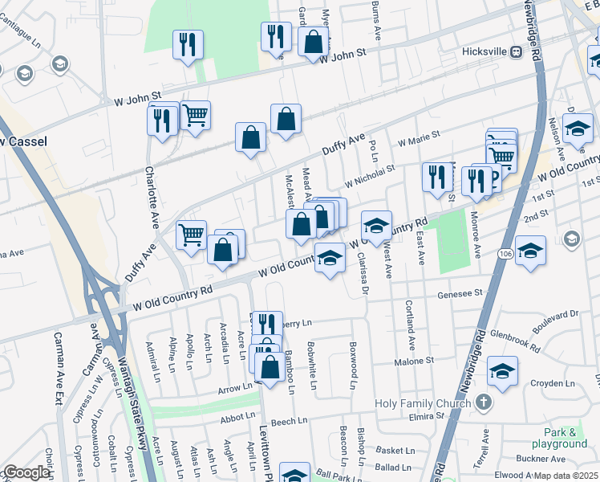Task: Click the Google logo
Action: [26, 472]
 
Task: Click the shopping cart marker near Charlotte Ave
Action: [195, 116]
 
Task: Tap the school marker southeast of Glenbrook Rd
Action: [502, 371]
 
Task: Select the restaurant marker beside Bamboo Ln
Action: [267, 324]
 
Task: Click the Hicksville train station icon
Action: [517, 51]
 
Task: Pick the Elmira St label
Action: [458, 418]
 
